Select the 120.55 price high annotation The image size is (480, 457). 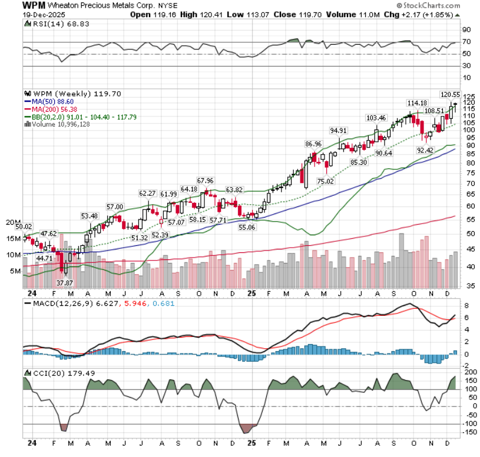(451, 94)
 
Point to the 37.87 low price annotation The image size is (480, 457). (64, 282)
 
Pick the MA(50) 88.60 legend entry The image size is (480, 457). (52, 101)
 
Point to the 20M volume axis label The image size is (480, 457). (13, 222)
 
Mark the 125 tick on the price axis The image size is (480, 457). (468, 96)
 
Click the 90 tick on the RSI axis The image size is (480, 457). (466, 29)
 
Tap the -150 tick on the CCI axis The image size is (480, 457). (469, 432)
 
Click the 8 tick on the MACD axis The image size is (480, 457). (465, 306)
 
